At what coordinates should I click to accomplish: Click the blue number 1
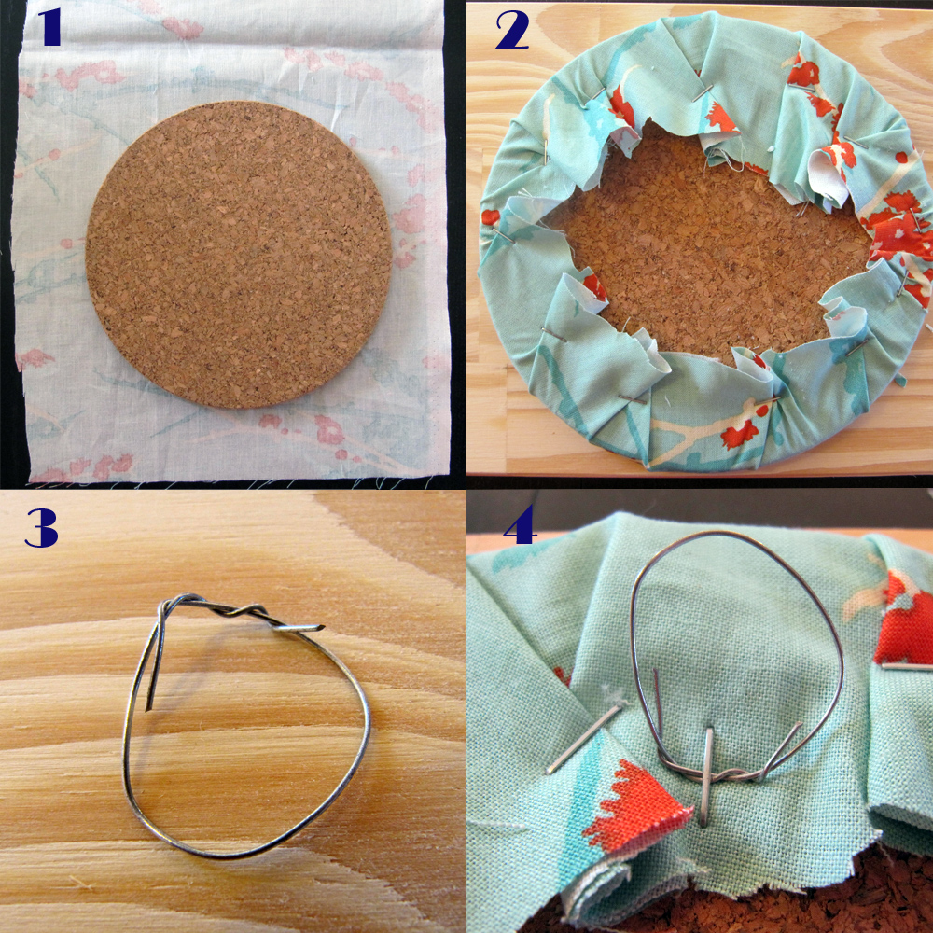(50, 27)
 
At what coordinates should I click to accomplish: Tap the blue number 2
(513, 31)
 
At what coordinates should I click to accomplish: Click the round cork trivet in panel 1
(239, 254)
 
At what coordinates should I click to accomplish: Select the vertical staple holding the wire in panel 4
(707, 776)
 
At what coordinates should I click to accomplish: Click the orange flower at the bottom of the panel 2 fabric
(740, 433)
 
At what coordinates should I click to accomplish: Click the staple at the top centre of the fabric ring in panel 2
(703, 93)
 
